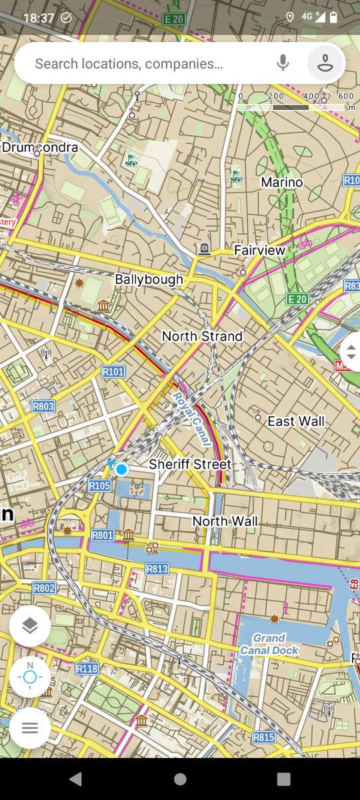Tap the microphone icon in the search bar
coord(283,63)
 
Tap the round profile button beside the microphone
coord(326,63)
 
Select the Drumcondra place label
coord(40,147)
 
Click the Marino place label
coord(281,182)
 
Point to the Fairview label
coord(259,250)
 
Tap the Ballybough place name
coord(149,279)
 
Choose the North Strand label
coord(202,336)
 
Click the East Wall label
coord(296,421)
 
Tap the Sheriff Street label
coord(190,464)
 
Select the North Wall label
coord(225,521)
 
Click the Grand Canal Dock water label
coord(269,644)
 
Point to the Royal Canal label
coord(191,419)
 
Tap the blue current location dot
coord(121,469)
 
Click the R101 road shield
coord(113,371)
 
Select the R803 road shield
coord(43,406)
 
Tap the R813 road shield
coord(157,569)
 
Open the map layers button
coord(30,626)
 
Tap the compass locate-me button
coord(30,677)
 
